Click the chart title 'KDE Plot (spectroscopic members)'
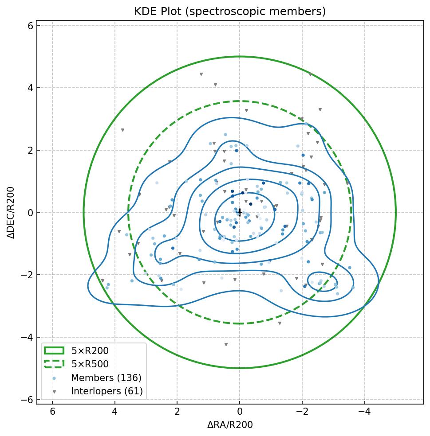point(230,12)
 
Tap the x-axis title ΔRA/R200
point(230,425)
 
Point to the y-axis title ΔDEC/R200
point(12,213)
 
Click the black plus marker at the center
point(240,213)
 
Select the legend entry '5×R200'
point(90,351)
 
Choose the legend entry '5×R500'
point(90,364)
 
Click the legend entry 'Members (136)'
point(106,378)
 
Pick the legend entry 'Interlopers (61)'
point(107,391)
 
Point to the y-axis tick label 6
point(30,26)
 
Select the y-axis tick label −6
point(28,400)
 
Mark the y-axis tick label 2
point(30,151)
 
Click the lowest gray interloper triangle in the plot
point(226,344)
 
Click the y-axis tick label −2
point(28,275)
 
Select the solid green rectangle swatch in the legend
point(54,351)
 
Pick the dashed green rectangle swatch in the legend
point(54,364)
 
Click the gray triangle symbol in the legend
point(54,392)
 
